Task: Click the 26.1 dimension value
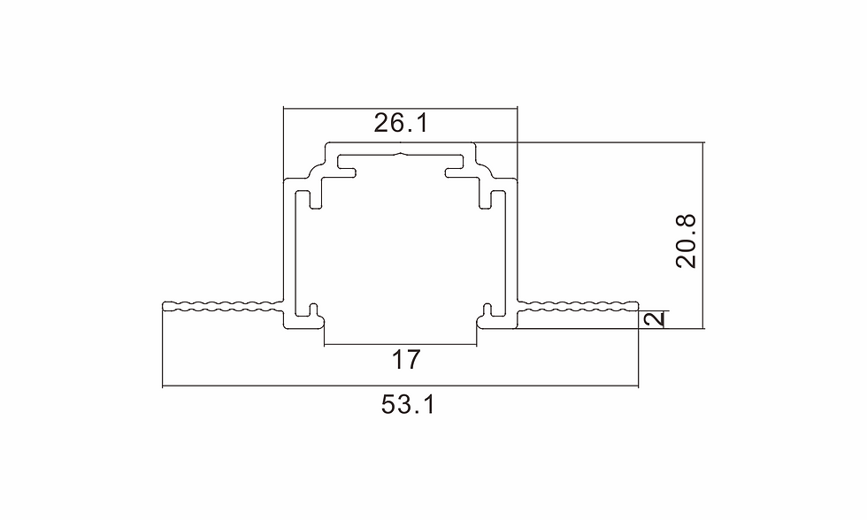click(401, 123)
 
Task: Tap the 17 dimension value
click(406, 360)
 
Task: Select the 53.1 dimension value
click(408, 404)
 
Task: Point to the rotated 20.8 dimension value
click(687, 241)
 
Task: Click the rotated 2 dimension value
click(655, 319)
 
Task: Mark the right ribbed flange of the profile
click(578, 307)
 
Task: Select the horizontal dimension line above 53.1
click(400, 386)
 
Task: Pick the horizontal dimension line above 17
click(400, 346)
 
